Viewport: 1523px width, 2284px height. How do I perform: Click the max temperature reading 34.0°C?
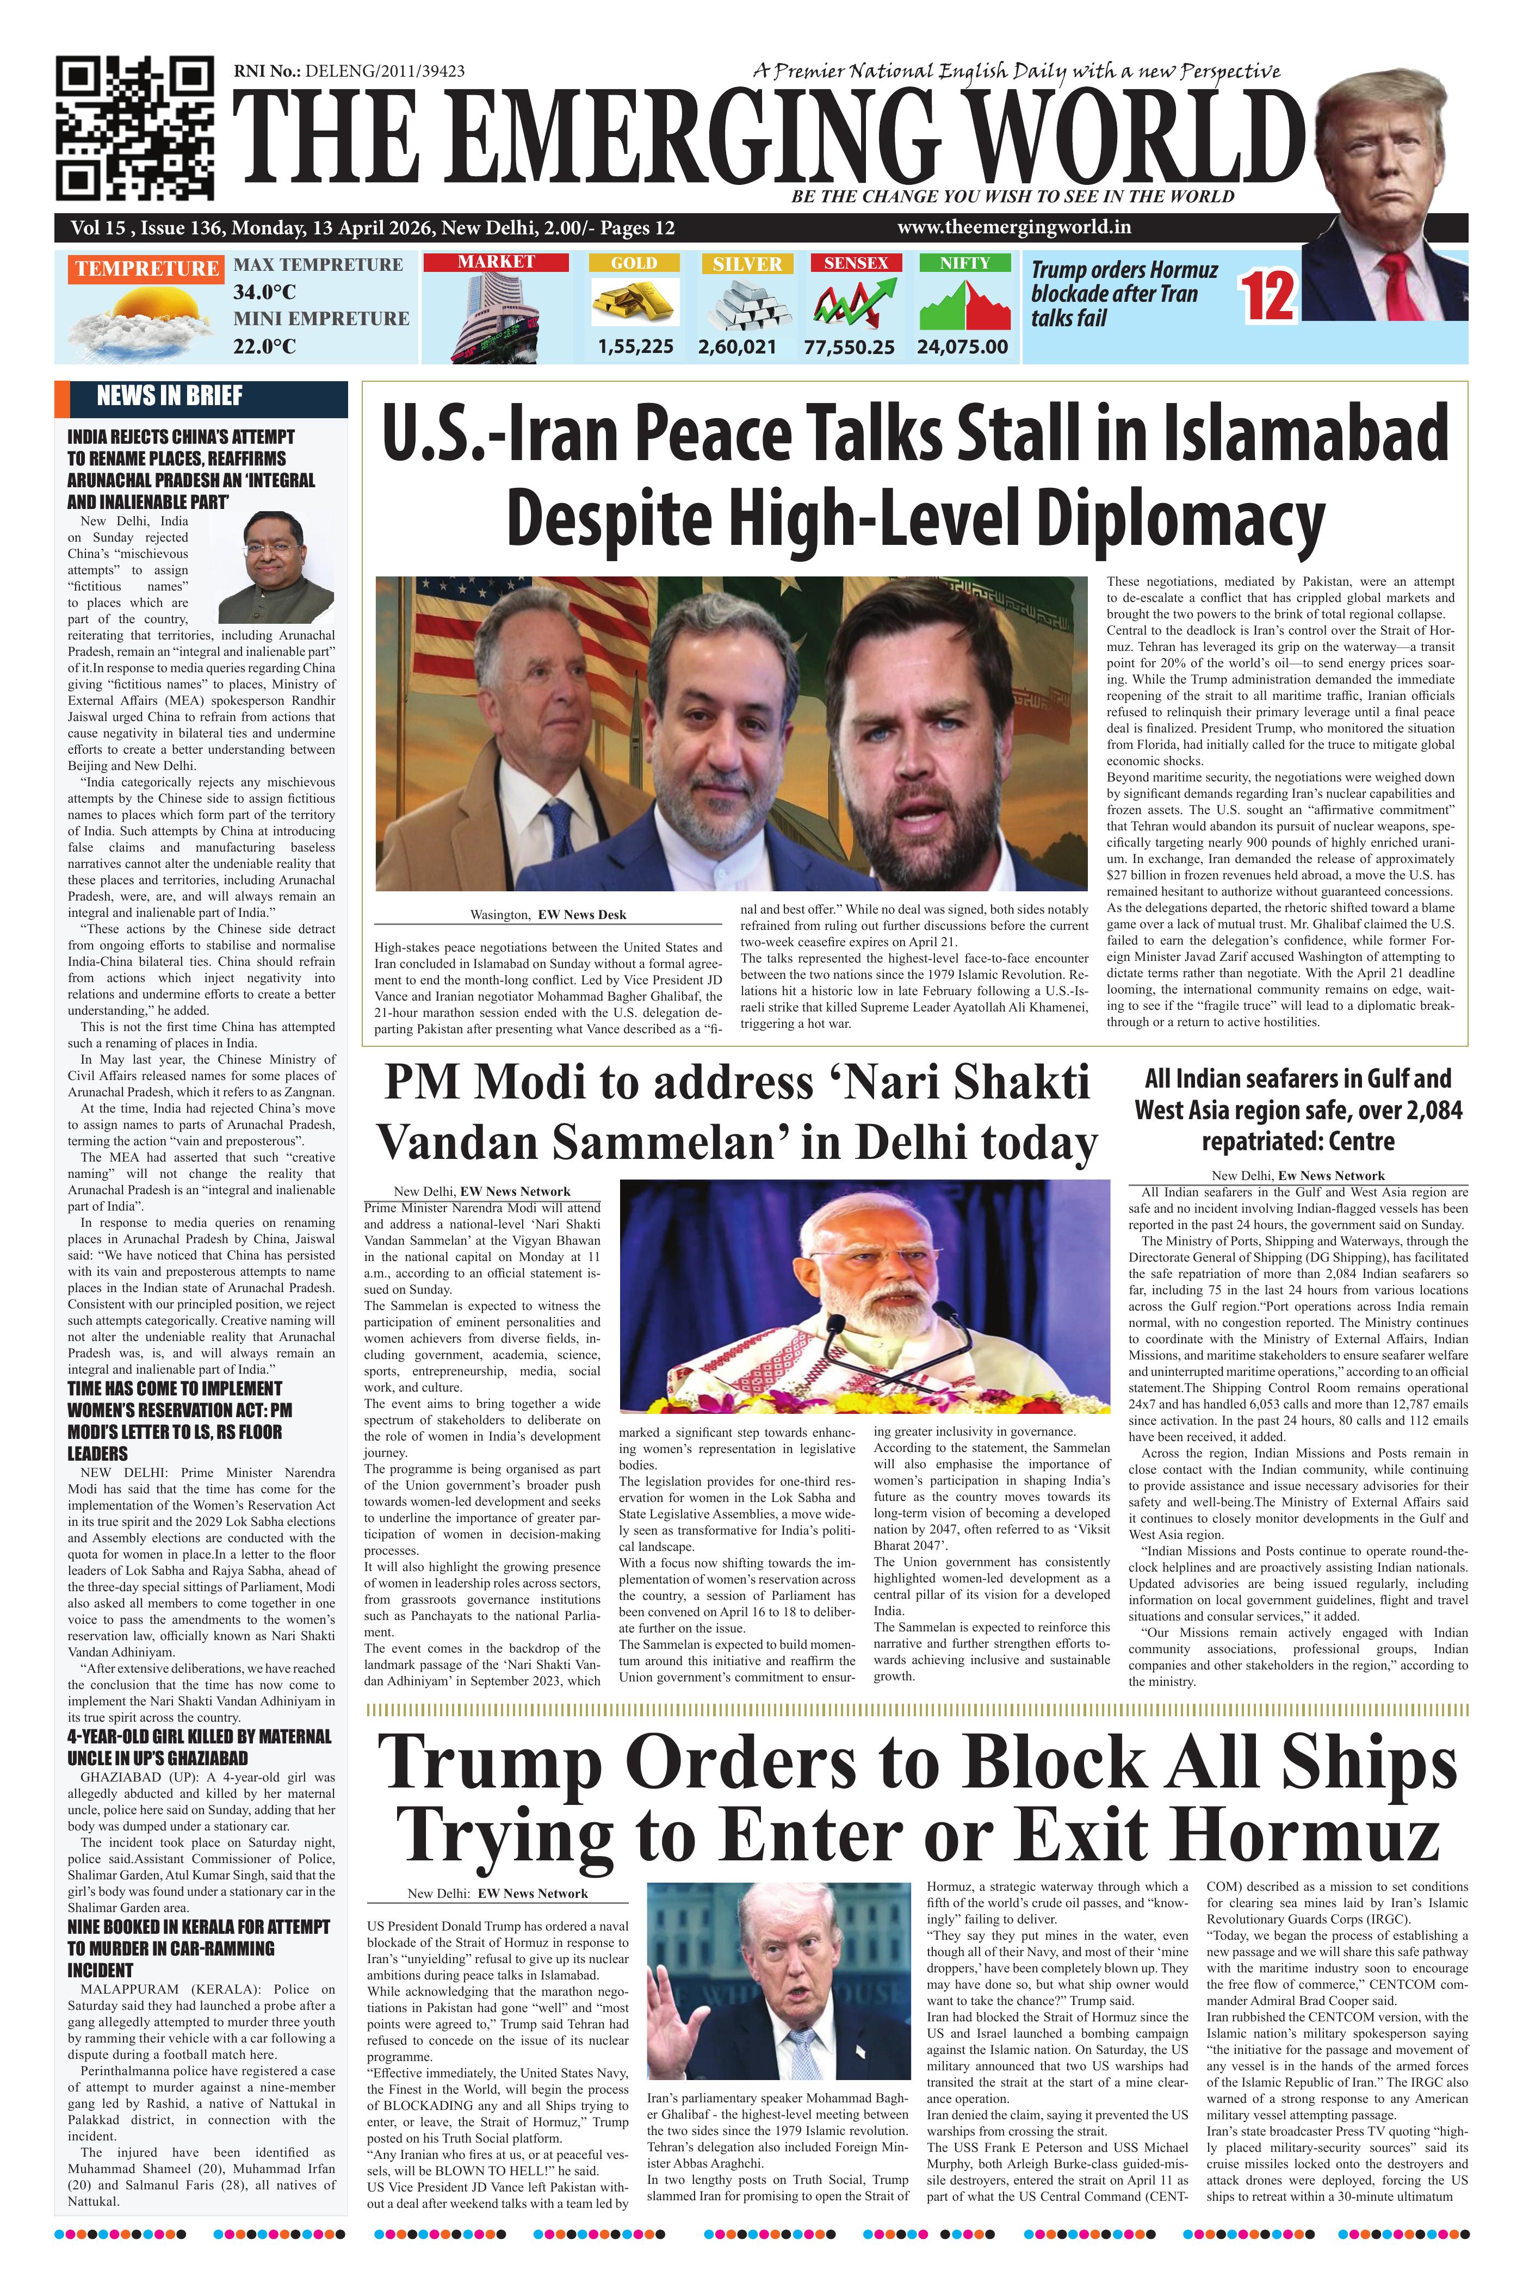(264, 291)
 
